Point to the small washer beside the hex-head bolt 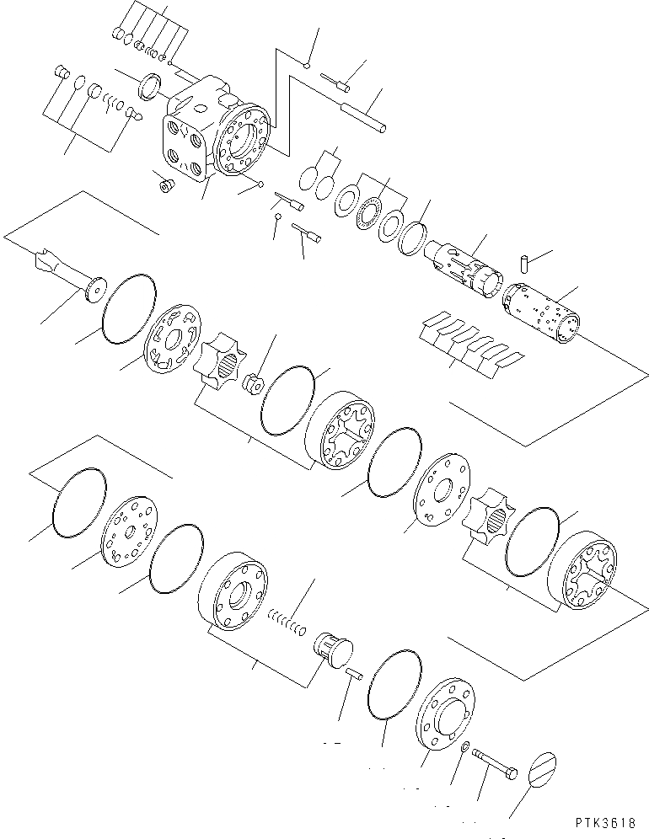click(465, 746)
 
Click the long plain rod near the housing click(364, 116)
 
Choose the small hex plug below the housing click(166, 184)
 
